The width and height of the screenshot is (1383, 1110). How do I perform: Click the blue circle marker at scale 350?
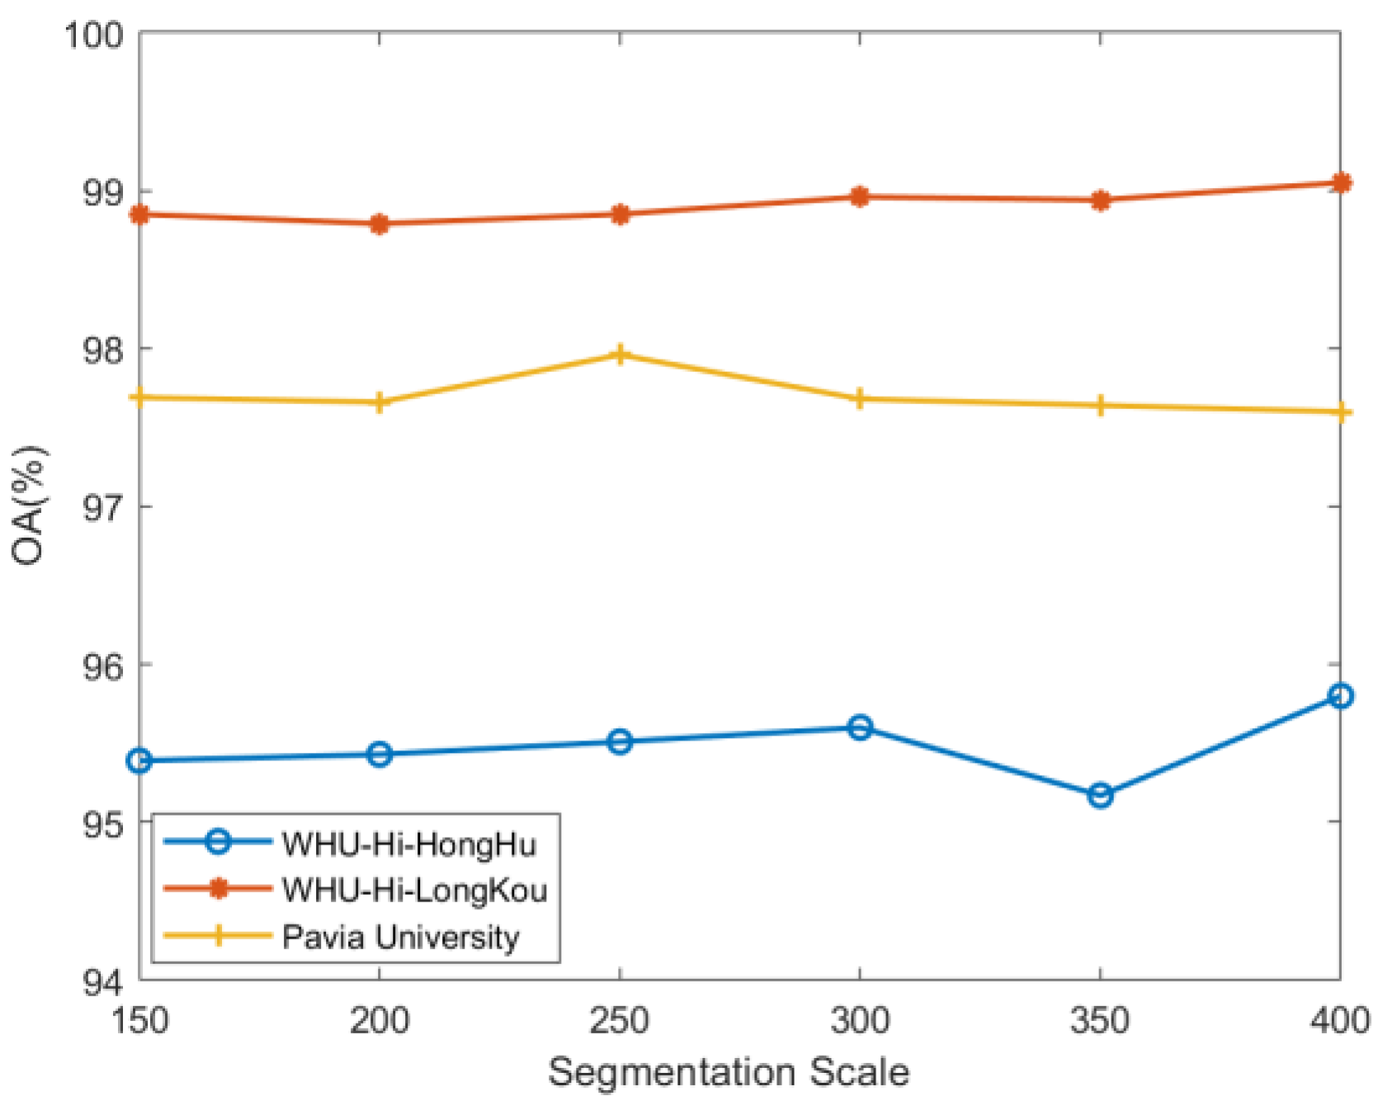[1099, 795]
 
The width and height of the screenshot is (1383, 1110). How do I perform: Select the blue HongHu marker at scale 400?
[1339, 696]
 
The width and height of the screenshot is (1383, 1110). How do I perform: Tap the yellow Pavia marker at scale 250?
[620, 355]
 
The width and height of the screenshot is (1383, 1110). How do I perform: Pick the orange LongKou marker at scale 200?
[380, 223]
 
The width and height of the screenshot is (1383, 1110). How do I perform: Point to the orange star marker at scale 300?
[860, 196]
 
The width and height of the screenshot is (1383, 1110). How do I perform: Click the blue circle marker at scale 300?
[860, 727]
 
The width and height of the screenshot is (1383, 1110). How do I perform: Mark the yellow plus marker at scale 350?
[1099, 405]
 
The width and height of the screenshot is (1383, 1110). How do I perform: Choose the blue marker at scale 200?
[380, 754]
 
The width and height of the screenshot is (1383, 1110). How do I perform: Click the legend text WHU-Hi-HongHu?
[408, 844]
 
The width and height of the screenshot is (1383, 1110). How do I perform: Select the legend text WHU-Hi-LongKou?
[414, 890]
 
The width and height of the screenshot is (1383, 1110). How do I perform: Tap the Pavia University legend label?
[400, 937]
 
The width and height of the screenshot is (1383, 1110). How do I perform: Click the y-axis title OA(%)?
[29, 505]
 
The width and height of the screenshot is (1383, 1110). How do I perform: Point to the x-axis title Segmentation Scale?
[729, 1072]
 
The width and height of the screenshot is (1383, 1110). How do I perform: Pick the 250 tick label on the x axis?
[620, 1021]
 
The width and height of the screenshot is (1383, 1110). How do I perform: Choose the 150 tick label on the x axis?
[140, 1021]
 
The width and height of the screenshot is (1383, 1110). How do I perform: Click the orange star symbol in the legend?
[218, 889]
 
